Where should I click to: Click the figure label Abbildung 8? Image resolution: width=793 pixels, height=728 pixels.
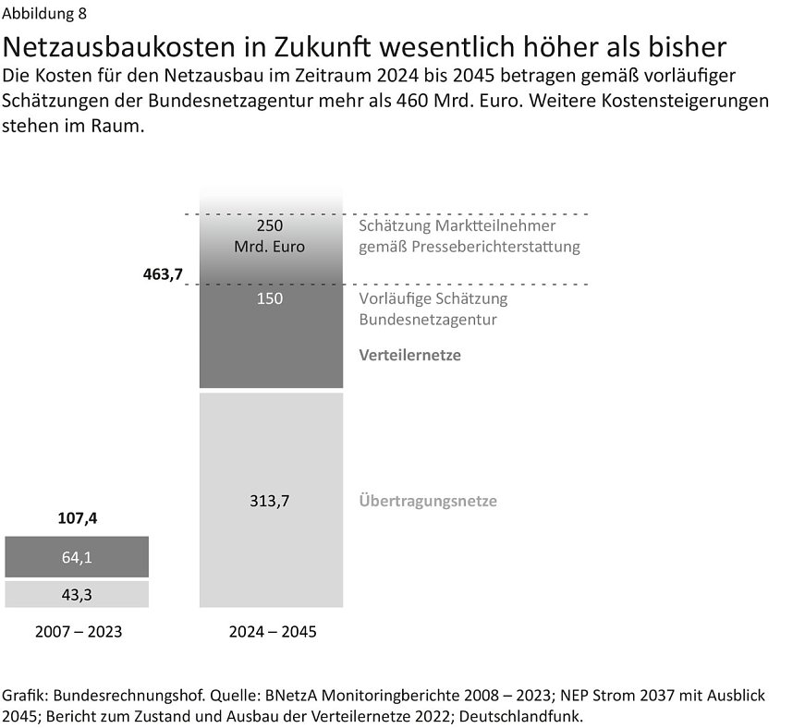coord(46,14)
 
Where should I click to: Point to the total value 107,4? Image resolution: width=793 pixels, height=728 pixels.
coord(77,519)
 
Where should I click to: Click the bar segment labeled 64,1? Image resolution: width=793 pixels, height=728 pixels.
coord(77,557)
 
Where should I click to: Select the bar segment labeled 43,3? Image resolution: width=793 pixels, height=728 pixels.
coord(77,595)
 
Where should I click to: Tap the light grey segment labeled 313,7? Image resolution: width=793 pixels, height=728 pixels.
coord(271,501)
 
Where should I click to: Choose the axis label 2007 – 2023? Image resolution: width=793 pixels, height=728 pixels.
coord(78,633)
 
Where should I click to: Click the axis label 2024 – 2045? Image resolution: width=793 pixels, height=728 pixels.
coord(272,633)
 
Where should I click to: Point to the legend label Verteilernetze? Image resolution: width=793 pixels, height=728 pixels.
coord(409,356)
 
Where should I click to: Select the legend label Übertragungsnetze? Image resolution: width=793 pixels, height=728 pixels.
coord(427,502)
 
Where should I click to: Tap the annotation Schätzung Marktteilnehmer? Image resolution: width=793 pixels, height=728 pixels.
coord(457,226)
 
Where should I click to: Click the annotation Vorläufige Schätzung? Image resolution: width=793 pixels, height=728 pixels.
coord(433,299)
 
